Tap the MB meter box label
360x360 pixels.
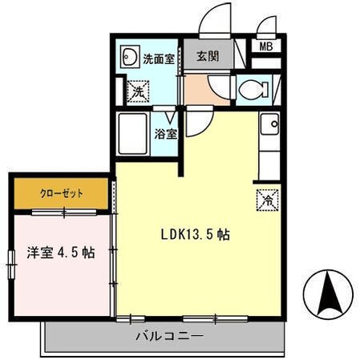pos(265,46)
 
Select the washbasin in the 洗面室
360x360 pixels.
pos(129,58)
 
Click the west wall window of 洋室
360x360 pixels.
pos(12,261)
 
